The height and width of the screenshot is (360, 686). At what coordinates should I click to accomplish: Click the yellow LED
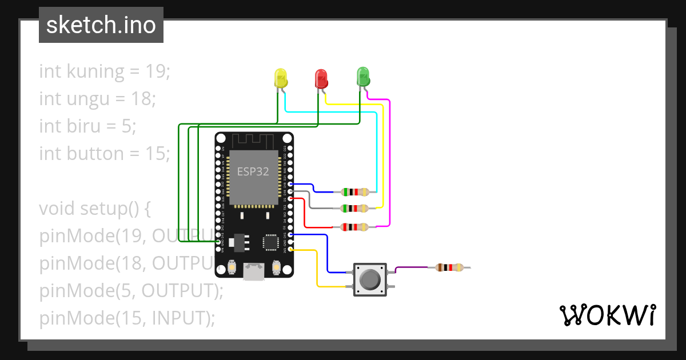pos(280,78)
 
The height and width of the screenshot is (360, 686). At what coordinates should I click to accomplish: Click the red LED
pos(321,78)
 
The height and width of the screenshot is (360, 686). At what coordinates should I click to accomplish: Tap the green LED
pos(362,75)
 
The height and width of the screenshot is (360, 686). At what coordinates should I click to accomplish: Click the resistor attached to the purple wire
pos(450,267)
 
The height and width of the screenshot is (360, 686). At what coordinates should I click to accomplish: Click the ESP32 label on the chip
pos(253,171)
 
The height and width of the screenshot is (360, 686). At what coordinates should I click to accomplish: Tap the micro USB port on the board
pos(253,272)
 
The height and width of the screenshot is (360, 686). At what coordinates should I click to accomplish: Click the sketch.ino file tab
pos(101,25)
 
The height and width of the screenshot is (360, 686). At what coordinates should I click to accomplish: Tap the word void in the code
pos(57,208)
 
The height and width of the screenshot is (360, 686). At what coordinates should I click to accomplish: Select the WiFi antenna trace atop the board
pos(253,139)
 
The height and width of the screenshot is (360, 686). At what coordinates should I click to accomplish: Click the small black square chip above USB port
pos(270,242)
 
